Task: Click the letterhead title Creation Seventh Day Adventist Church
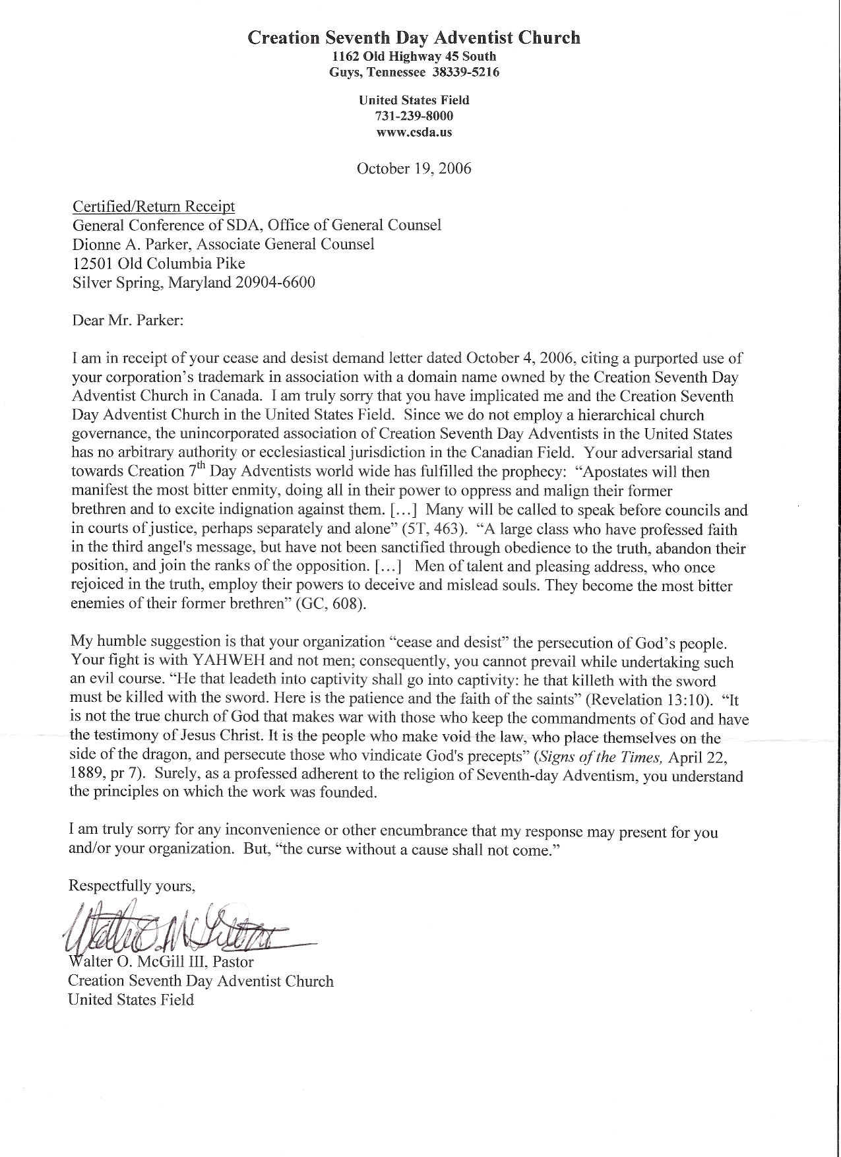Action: pos(414,38)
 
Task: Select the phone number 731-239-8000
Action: pos(414,116)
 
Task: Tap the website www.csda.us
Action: pos(414,132)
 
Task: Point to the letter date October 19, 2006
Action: pos(414,168)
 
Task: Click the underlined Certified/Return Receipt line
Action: pos(154,206)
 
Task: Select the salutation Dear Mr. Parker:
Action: pos(128,321)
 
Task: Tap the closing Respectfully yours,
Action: pos(132,886)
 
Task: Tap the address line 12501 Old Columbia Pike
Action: pos(158,263)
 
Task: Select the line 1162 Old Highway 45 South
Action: pos(414,57)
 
